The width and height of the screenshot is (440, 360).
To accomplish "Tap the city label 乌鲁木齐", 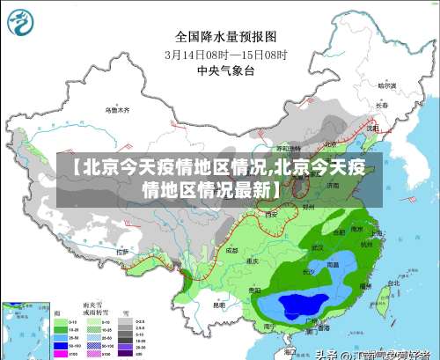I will (x=116, y=110).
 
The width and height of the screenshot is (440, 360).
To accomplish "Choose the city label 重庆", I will (x=253, y=261).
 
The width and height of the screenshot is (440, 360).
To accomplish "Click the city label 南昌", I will (x=332, y=263).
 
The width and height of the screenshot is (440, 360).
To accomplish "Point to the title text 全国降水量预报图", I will (x=226, y=36).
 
